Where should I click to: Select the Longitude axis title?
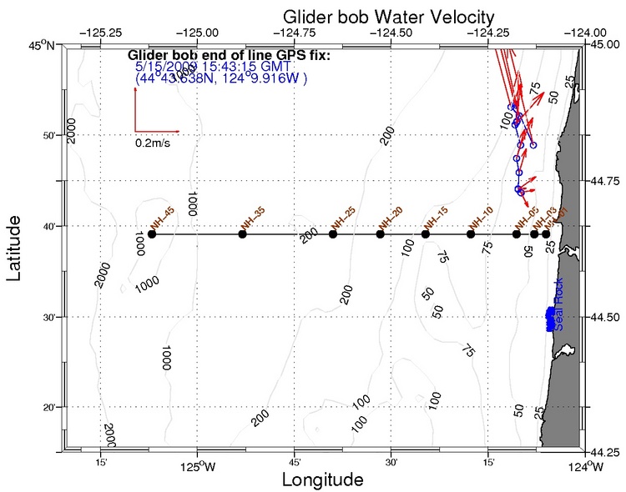coord(322,479)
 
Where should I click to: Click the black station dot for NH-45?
coord(152,234)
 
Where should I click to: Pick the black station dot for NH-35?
coord(243,234)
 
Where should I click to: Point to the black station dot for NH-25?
coord(333,234)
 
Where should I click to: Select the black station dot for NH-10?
coord(471,234)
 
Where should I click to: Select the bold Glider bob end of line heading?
coord(230,55)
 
